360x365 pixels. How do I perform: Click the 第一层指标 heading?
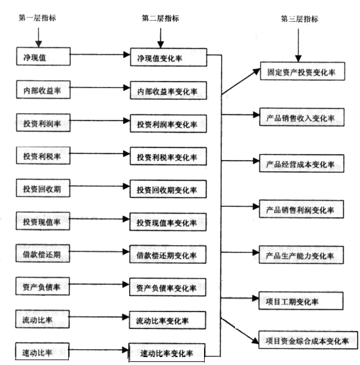(x=37, y=18)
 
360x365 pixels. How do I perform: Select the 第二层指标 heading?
(x=160, y=18)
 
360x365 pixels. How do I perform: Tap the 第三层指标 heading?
(x=299, y=19)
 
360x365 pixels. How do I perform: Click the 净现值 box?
(x=43, y=57)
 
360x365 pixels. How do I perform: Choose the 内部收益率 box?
(x=43, y=89)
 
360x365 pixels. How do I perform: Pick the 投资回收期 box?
(x=43, y=188)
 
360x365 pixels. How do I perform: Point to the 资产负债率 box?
(x=43, y=287)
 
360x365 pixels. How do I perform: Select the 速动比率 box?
(x=42, y=352)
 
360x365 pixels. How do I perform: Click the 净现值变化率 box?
(x=169, y=57)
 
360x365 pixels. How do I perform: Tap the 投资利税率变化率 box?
(x=168, y=156)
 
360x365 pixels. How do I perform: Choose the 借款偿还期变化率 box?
(x=168, y=254)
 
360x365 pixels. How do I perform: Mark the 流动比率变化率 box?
(x=168, y=320)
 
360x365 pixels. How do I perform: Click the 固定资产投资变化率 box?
(x=303, y=71)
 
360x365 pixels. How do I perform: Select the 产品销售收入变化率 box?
(x=302, y=117)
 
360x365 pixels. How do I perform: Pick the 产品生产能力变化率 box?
(x=302, y=255)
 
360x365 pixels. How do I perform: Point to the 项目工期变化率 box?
(x=301, y=301)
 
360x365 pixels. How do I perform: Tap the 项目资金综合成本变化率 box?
(x=308, y=340)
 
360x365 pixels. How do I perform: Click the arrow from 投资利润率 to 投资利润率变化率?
(x=100, y=120)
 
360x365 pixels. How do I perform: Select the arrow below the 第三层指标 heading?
(x=298, y=46)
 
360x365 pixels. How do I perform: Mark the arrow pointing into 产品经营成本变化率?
(x=241, y=161)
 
